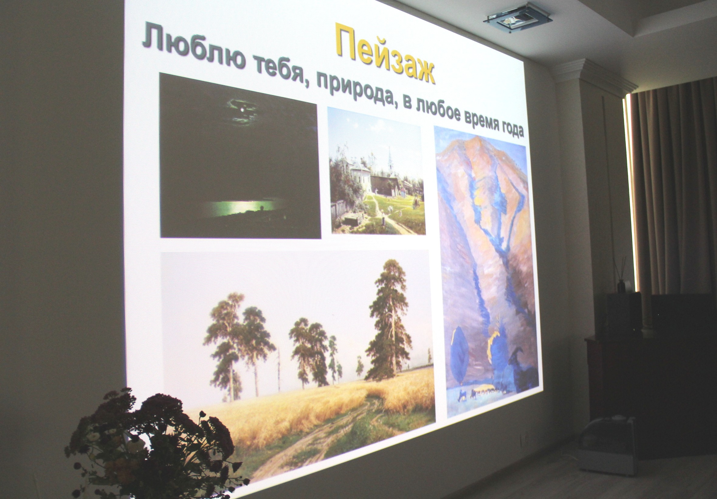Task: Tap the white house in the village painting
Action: tap(359, 175)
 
